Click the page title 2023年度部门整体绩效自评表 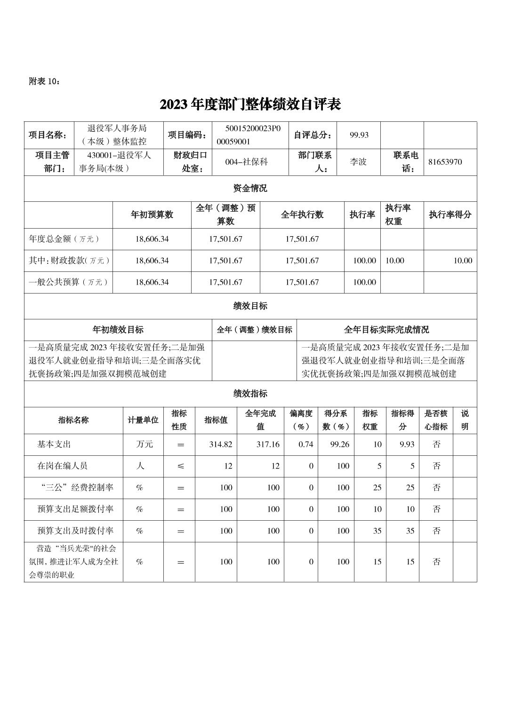click(x=250, y=104)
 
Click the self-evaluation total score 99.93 click(x=359, y=135)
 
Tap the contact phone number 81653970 click(x=445, y=162)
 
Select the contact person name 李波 click(x=358, y=162)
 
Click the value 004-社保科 click(x=246, y=162)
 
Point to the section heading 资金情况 click(x=250, y=188)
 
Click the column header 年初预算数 click(x=152, y=214)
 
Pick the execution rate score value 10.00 click(x=462, y=261)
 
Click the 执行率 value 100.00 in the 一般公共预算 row click(x=364, y=282)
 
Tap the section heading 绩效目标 click(x=250, y=306)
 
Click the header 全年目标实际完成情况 click(x=386, y=330)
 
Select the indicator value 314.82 click(x=220, y=444)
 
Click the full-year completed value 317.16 click(x=267, y=444)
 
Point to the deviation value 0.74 click(x=305, y=444)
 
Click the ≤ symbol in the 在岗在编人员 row click(x=180, y=466)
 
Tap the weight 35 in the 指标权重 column click(x=377, y=531)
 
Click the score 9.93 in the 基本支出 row click(x=407, y=444)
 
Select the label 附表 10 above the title click(x=44, y=81)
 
